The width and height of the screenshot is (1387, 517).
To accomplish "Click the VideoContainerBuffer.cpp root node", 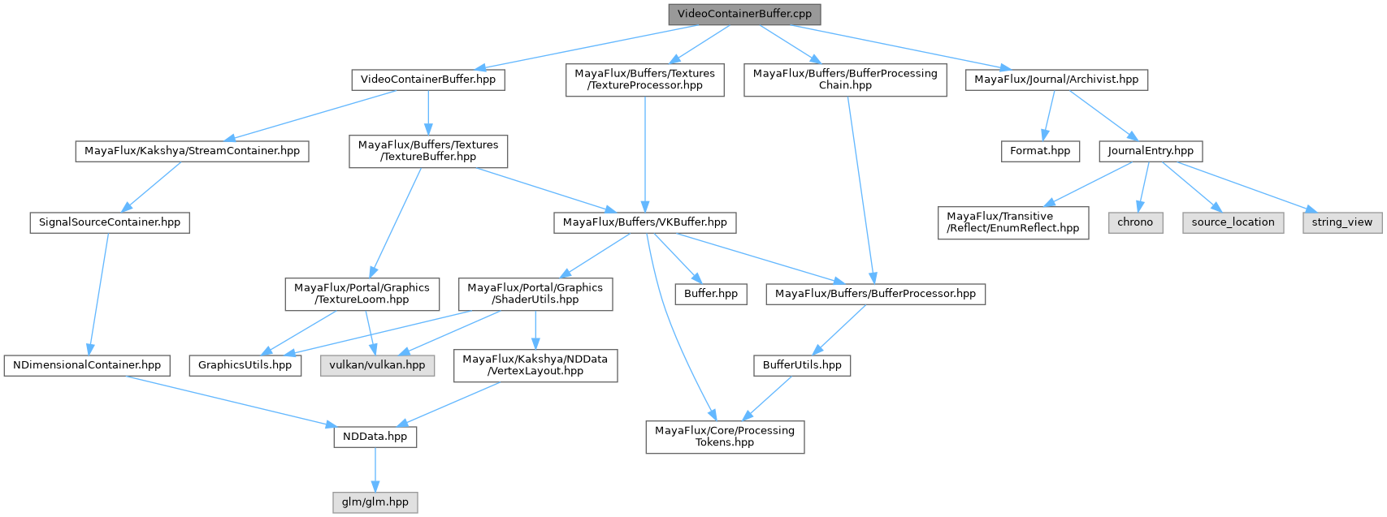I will pos(743,14).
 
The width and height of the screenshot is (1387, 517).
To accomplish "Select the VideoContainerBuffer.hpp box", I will pos(428,80).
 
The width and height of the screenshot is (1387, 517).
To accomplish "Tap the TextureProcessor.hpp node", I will pos(644,79).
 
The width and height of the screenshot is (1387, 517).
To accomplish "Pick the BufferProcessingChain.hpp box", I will pos(845,79).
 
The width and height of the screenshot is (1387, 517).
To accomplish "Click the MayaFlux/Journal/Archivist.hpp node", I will pos(1056,80).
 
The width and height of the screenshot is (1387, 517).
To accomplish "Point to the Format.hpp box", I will pos(1040,151).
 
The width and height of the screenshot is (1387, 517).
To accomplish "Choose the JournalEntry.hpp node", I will pos(1150,151).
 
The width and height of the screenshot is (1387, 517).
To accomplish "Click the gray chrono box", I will pos(1135,222).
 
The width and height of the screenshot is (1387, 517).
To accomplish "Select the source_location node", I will pos(1233,222).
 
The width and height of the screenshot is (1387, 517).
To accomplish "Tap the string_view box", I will pos(1341,222).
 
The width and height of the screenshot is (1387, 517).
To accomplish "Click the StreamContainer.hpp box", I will pos(192,151).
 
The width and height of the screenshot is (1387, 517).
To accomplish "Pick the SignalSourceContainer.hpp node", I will pos(109,222).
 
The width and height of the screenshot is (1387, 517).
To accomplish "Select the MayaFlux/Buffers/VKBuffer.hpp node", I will pos(645,222).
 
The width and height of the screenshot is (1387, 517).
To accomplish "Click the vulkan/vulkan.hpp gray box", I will pos(377,365).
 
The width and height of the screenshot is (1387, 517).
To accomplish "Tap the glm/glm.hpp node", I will pos(375,502).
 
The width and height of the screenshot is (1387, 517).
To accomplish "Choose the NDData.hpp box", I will pos(375,437).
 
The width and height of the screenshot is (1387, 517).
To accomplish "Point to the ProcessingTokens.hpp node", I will pos(725,436).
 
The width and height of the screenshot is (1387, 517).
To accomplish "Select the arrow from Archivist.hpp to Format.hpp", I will pos(1048,115).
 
